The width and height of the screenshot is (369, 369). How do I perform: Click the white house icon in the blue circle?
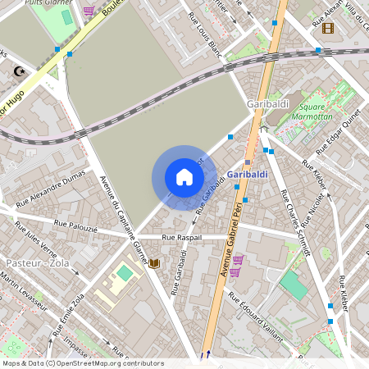pyautogui.click(x=184, y=177)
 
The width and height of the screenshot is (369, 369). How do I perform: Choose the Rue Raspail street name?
pyautogui.click(x=181, y=237)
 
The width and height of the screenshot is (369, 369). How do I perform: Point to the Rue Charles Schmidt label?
pyautogui.click(x=293, y=222)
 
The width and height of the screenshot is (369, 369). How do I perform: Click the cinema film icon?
pyautogui.click(x=329, y=28)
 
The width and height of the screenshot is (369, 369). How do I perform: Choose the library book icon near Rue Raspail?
pyautogui.click(x=153, y=263)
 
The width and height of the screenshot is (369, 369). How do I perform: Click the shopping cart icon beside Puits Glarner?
pyautogui.click(x=89, y=11)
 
